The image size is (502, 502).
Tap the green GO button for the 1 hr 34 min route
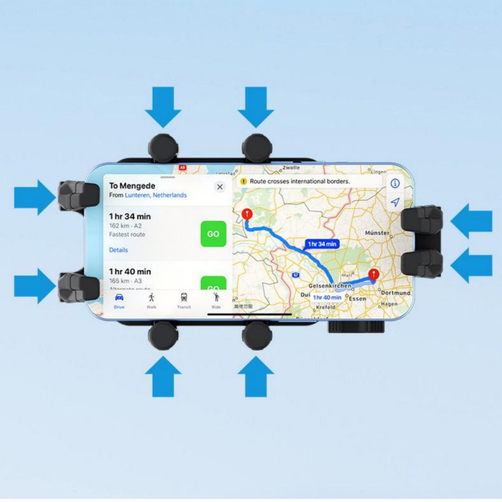click(213, 234)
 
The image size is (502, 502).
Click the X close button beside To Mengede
click(220, 187)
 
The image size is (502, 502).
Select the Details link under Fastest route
click(118, 250)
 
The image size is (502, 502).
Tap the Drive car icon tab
click(119, 298)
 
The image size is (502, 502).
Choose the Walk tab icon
click(151, 298)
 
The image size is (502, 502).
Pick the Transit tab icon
click(184, 298)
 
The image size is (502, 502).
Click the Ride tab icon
click(216, 297)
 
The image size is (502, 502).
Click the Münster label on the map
click(377, 233)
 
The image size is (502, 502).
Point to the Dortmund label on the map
click(395, 293)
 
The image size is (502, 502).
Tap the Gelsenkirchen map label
click(330, 286)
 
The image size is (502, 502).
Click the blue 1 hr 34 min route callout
click(322, 244)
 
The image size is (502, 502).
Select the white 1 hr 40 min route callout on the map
click(327, 297)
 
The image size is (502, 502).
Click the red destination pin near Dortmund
click(373, 275)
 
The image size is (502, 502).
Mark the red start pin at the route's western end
click(247, 214)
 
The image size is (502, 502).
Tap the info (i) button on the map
click(395, 183)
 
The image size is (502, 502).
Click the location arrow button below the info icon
click(395, 202)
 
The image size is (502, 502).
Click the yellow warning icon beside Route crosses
click(243, 182)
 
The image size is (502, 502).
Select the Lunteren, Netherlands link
click(156, 195)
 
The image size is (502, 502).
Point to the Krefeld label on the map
click(325, 307)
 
